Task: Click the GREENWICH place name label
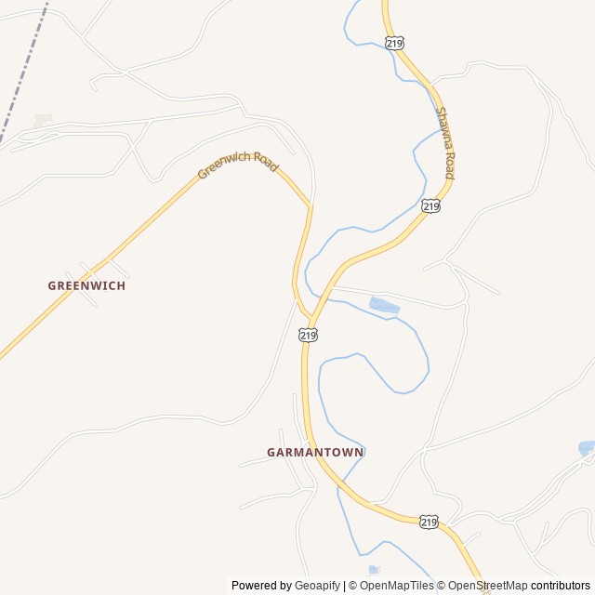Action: point(86,285)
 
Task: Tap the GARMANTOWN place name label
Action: point(315,452)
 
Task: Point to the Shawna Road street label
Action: point(445,143)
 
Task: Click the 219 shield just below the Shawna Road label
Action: point(430,206)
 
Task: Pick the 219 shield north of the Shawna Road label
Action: point(394,43)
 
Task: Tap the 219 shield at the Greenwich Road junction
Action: point(309,334)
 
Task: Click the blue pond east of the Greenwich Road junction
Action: point(384,305)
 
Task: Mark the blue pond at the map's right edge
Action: point(587,448)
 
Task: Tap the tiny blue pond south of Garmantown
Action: point(374,569)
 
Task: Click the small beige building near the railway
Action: point(43,120)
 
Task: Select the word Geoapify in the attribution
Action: point(317,586)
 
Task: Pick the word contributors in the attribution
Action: point(561,586)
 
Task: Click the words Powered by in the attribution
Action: point(260,586)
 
